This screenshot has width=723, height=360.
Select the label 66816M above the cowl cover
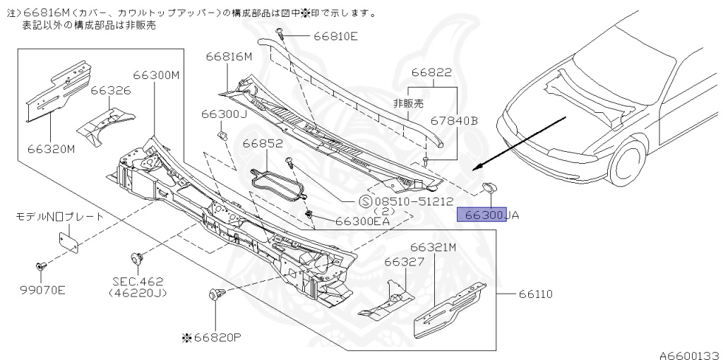point(229,57)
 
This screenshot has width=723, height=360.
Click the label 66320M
point(52,149)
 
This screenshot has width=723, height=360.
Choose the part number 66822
point(431,73)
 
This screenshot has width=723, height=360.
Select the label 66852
point(263,143)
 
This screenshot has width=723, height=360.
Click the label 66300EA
point(362,221)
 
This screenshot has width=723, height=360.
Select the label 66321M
point(433,247)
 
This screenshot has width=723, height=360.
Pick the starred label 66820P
point(212,337)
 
